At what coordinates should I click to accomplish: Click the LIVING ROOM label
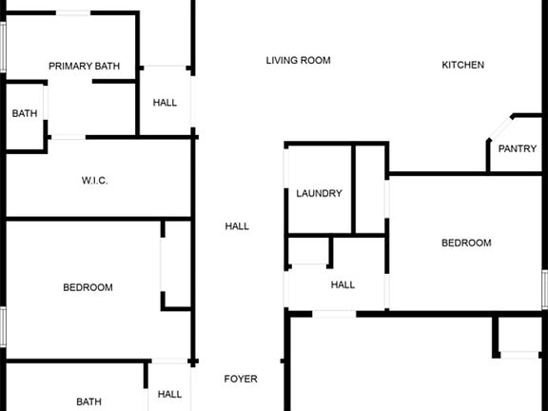tap(298, 61)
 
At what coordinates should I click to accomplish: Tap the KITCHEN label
tap(462, 65)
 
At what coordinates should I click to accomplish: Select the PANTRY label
tap(518, 148)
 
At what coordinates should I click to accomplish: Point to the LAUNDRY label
tap(319, 194)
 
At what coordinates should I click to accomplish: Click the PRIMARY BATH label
tap(85, 66)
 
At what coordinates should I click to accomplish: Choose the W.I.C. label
tap(95, 181)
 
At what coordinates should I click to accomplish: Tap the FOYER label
tap(241, 379)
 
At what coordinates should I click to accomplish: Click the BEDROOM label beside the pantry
tap(466, 243)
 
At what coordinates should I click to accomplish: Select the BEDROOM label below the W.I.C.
tap(88, 287)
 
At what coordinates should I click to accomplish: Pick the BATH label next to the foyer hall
tap(88, 401)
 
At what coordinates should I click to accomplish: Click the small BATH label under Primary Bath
tap(25, 113)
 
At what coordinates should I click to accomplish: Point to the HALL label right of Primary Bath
tap(165, 103)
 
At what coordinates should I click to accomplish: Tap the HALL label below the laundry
tap(342, 284)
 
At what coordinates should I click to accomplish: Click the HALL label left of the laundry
tap(237, 226)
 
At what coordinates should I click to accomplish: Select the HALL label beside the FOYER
tap(169, 394)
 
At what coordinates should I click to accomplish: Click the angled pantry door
tap(500, 128)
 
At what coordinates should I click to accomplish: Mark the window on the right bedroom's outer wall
tap(545, 289)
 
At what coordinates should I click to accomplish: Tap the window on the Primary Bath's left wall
tap(3, 47)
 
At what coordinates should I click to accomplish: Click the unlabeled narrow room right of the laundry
tap(370, 189)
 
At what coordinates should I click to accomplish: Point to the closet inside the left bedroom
tap(176, 264)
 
